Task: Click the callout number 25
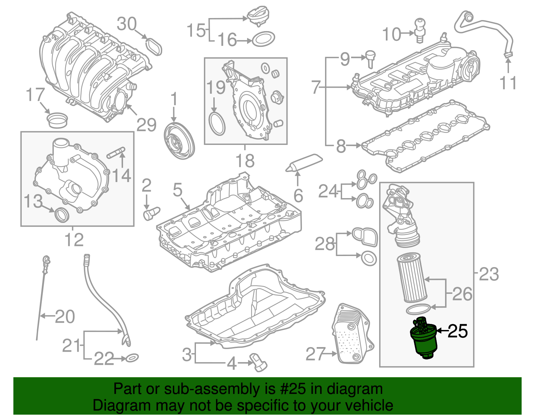click(457, 331)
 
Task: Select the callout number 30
click(127, 24)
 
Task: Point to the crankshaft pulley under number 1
click(180, 141)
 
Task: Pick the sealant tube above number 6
click(305, 162)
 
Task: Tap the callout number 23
click(489, 274)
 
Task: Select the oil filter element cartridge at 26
click(411, 277)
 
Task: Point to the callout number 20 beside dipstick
click(65, 316)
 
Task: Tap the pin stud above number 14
click(116, 153)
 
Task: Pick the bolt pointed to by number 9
click(370, 59)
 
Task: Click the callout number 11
click(508, 83)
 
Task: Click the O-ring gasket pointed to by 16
click(263, 39)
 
